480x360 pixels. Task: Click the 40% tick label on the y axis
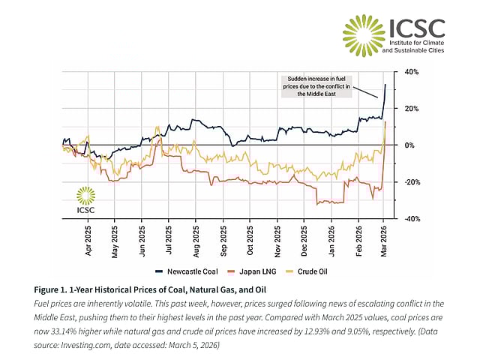411,72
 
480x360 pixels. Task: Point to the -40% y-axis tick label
410,219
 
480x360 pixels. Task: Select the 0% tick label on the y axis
409,145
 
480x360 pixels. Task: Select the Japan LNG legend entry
253,271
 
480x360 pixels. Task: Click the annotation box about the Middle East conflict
314,86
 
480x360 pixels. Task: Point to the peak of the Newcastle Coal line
385,84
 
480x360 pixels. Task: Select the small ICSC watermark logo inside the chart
86,200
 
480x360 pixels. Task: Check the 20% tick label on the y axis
411,109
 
